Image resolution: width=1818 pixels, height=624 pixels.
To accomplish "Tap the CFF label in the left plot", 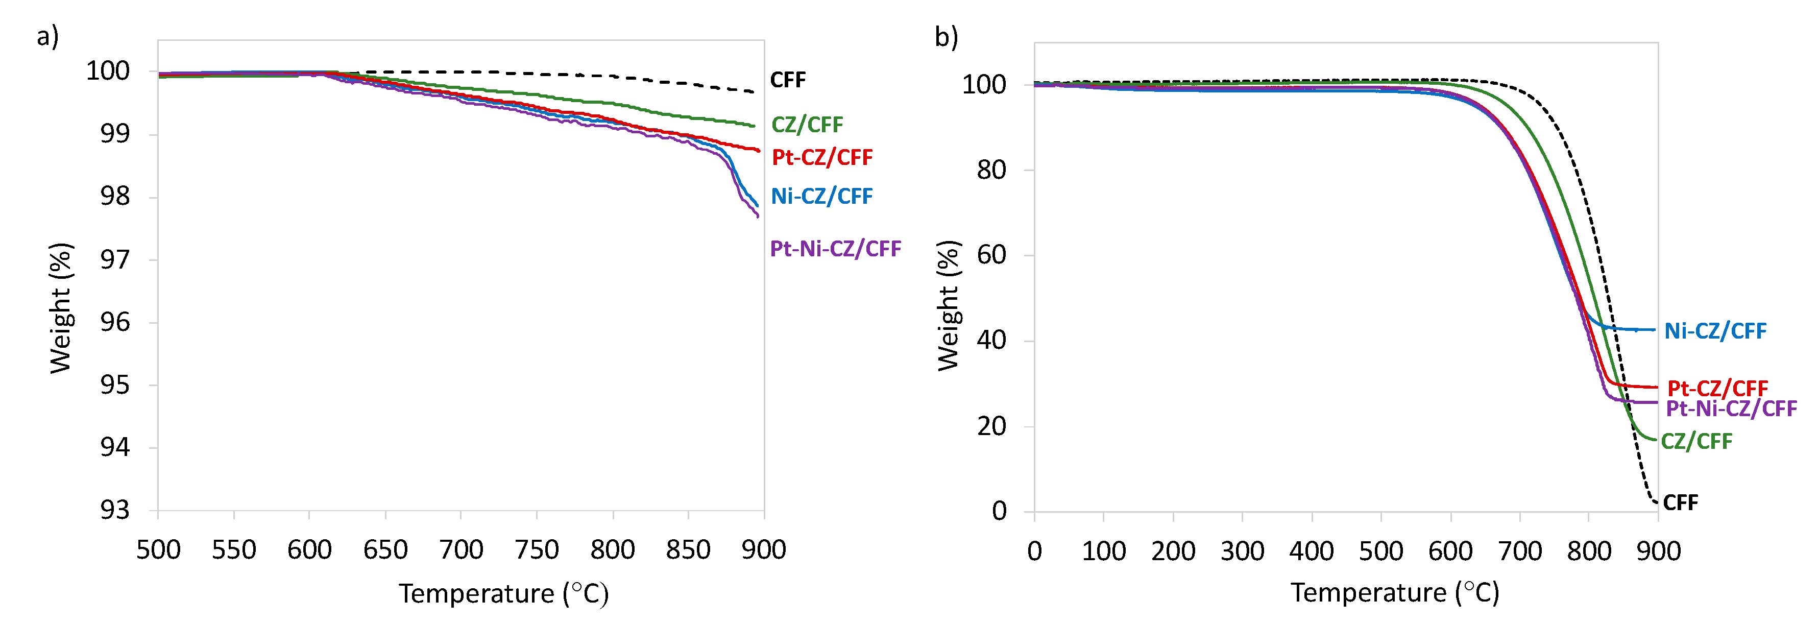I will coord(788,80).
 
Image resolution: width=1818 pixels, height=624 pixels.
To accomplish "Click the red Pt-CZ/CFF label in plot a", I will coord(821,157).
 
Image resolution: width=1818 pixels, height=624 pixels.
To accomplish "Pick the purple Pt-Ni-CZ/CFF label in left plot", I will coord(835,249).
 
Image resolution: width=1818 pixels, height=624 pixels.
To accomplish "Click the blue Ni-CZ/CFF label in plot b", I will coord(1715,330).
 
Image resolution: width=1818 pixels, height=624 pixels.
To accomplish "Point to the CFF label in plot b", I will coord(1680,502).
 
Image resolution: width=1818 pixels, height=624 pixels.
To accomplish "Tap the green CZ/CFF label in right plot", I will coord(1696,441).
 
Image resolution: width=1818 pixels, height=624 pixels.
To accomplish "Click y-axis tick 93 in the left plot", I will coord(114,510).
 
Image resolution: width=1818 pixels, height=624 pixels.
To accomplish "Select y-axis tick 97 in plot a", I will coord(114,260).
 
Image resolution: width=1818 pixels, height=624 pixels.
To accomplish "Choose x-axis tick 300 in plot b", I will coord(1242,550).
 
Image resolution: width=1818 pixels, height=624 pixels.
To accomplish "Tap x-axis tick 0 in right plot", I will coord(1035,550).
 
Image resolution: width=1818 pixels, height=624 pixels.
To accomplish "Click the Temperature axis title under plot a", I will coord(503,594).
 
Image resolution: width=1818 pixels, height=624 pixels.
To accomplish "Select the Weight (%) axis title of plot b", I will coord(949,305).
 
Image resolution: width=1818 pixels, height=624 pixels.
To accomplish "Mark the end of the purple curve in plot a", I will coord(758,217).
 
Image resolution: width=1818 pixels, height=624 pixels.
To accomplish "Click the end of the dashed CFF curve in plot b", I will coord(1656,502).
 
